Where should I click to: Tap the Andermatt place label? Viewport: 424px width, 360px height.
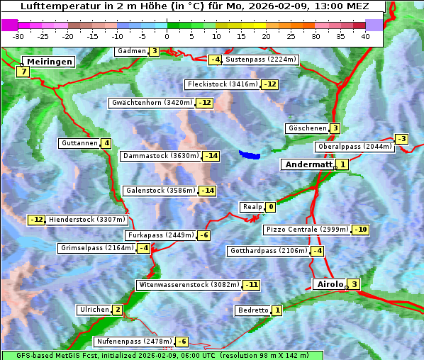coord(308,164)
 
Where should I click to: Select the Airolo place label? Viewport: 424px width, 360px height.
coord(330,284)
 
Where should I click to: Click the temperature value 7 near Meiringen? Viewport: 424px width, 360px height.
coord(23,72)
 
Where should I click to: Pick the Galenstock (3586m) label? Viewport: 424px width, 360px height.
coord(160,191)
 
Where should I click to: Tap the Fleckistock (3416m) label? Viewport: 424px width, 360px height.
coord(221,85)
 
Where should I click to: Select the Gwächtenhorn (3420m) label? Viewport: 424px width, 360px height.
coord(152,103)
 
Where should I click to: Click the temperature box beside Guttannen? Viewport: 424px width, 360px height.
coord(106,143)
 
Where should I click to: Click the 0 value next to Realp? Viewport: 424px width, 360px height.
coord(271,207)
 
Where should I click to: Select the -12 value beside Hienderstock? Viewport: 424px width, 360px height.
coord(37,220)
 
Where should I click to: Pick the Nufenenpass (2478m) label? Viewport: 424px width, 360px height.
coord(134,342)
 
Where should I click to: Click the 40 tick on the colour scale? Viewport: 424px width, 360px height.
coord(365,35)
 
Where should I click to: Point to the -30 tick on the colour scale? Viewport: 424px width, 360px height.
coord(19,35)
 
